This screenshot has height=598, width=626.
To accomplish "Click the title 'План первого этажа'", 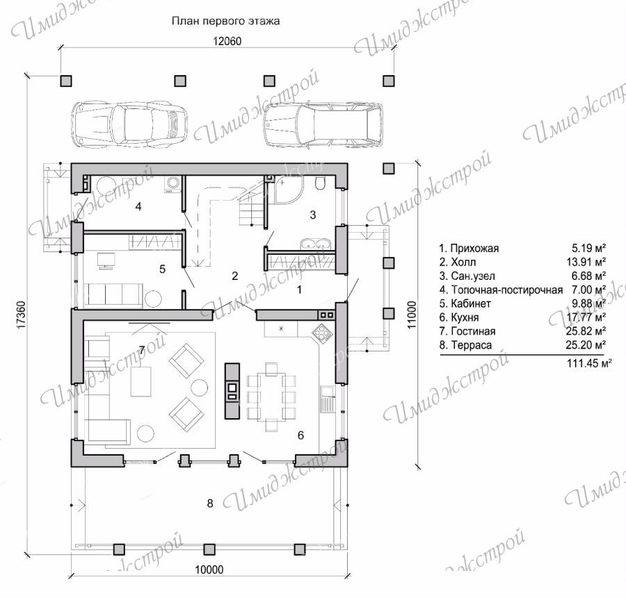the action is tap(225, 21).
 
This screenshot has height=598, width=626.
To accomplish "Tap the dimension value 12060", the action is tap(227, 41).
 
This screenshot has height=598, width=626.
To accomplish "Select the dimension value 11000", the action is tap(412, 315).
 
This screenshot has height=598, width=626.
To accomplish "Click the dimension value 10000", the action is tap(209, 570).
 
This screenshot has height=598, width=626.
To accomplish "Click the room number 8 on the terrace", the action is tap(210, 504).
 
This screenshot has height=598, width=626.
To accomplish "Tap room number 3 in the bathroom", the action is tap(313, 215).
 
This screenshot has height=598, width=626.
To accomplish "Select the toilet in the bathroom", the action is tap(320, 183).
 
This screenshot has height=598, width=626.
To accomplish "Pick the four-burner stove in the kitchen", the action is tap(322, 332).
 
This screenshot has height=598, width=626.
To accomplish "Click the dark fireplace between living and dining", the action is tap(232, 391).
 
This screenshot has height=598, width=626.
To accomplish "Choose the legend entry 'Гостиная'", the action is tap(473, 331).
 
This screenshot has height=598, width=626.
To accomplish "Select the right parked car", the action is tap(323, 126).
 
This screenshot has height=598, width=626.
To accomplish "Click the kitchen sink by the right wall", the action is tap(327, 399).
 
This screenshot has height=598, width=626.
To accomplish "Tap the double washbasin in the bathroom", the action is tap(315, 244).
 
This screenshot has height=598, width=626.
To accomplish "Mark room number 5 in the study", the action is tap(163, 269).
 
